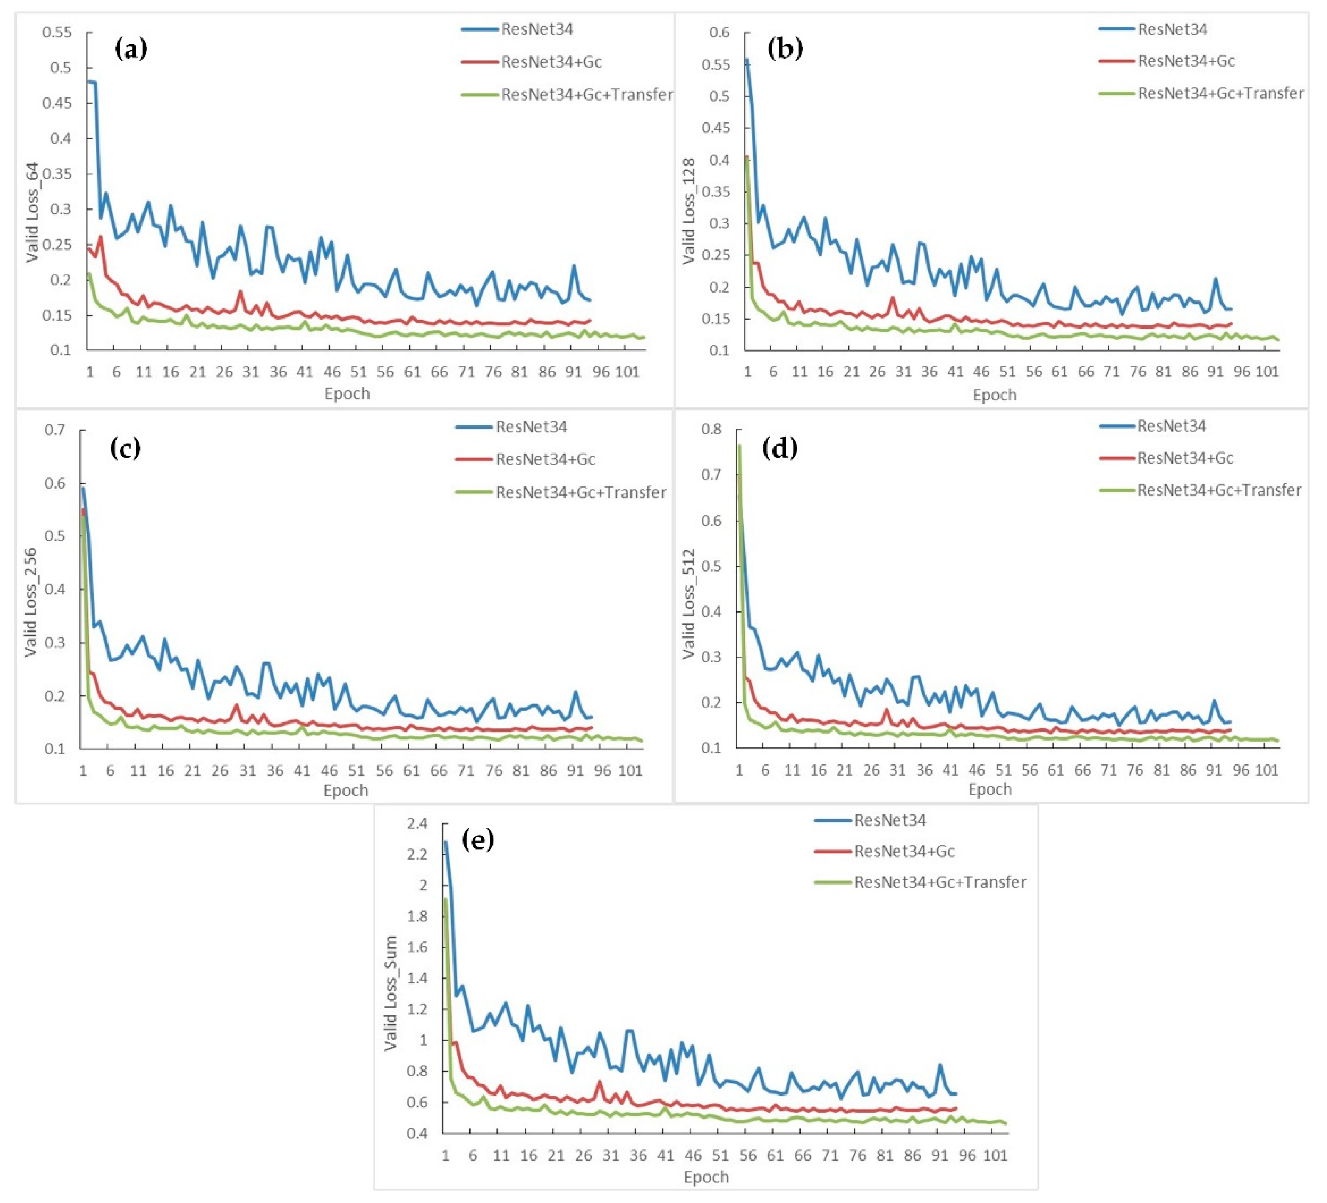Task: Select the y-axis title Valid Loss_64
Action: [33, 212]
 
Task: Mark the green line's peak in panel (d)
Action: [739, 446]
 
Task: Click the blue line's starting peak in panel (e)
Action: [446, 842]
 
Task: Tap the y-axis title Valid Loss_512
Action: [689, 603]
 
